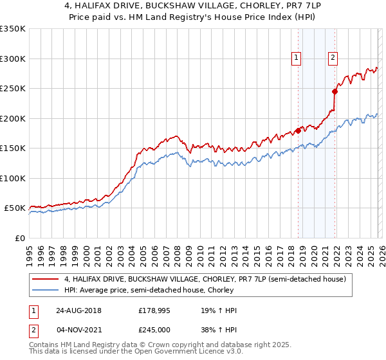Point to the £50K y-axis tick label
point(15,208)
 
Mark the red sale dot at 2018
point(298,131)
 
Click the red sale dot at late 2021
point(335,91)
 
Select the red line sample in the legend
point(46,279)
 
